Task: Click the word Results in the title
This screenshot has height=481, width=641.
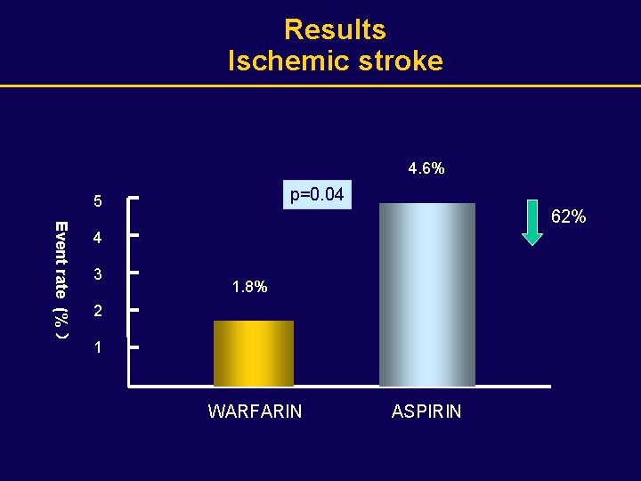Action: click(x=335, y=29)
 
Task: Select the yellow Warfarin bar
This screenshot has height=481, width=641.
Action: click(x=254, y=354)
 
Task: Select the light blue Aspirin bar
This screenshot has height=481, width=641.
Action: click(x=426, y=294)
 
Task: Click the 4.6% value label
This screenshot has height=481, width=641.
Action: click(x=426, y=167)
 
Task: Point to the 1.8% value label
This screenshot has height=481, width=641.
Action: click(x=249, y=288)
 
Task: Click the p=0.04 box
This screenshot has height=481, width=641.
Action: click(x=318, y=194)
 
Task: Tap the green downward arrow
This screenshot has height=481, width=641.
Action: click(x=531, y=222)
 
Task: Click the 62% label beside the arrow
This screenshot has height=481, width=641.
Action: click(x=569, y=216)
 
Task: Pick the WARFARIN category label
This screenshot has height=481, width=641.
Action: click(x=255, y=412)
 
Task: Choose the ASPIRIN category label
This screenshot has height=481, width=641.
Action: click(x=426, y=412)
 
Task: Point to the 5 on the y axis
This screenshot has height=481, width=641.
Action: click(x=98, y=202)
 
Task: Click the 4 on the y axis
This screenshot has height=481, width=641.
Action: click(x=98, y=239)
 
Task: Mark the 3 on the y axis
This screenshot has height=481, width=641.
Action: click(x=98, y=274)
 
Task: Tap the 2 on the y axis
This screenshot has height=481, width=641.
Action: click(x=98, y=312)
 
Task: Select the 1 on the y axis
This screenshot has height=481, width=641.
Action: click(x=98, y=348)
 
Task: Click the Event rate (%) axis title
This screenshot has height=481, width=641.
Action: click(x=61, y=279)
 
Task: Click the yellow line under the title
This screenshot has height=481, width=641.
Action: click(x=320, y=86)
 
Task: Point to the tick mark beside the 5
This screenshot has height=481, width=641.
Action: click(x=134, y=198)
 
